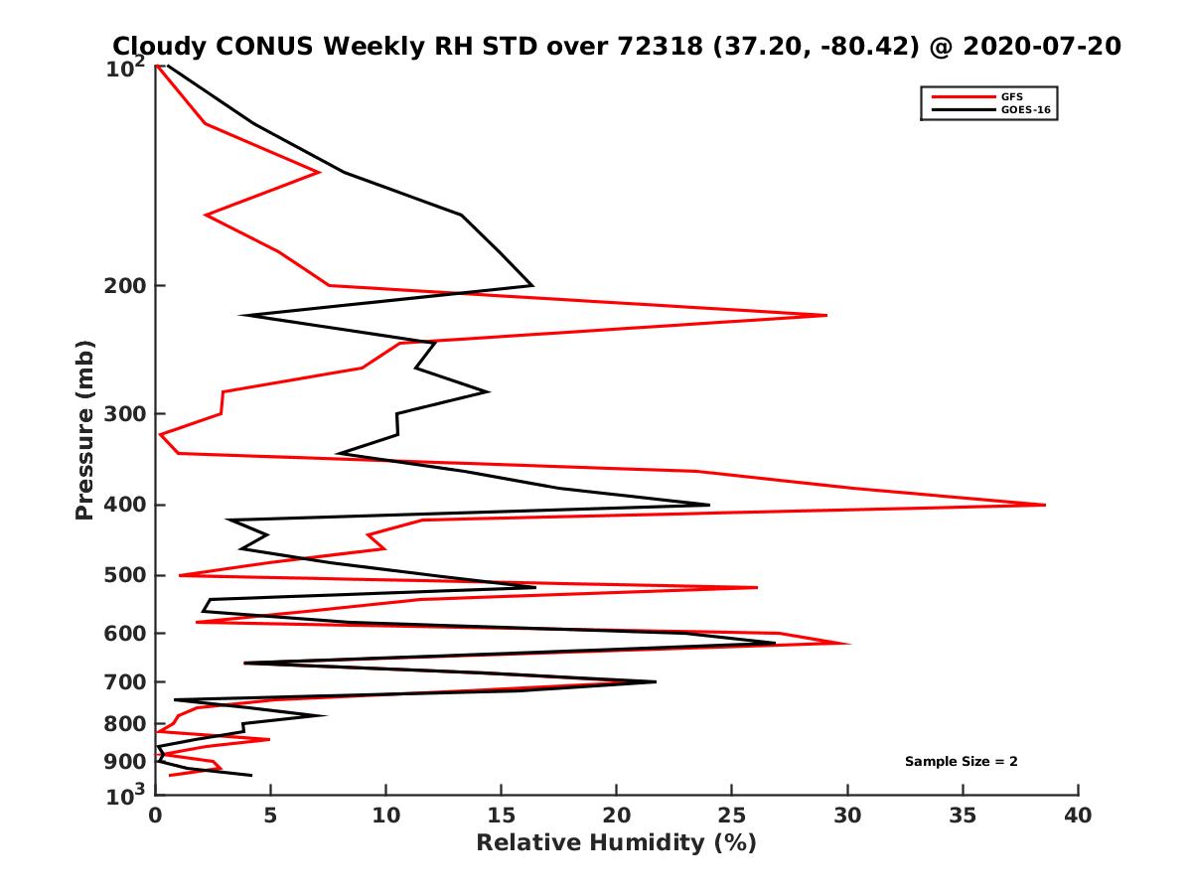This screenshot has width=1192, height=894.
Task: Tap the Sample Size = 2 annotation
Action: click(x=961, y=762)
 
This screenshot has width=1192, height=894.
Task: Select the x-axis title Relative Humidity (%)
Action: click(x=616, y=843)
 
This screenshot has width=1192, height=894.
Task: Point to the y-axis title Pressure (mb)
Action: click(x=84, y=429)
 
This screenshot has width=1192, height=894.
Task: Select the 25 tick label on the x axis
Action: click(x=732, y=817)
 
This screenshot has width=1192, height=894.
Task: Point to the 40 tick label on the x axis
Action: click(x=1078, y=817)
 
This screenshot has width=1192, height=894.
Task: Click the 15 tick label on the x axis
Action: click(x=502, y=817)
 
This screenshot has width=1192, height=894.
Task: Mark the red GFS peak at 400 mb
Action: click(x=1044, y=505)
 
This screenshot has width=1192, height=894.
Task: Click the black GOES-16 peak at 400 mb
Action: click(x=708, y=505)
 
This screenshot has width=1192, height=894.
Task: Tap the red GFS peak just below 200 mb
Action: click(x=825, y=315)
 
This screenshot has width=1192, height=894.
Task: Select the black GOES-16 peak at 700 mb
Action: click(x=655, y=681)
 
